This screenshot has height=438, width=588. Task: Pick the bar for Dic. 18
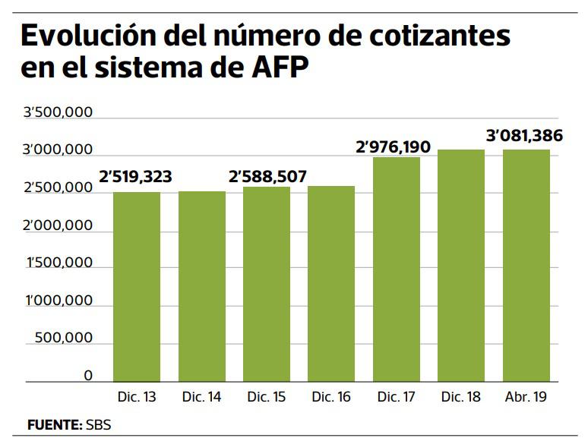tap(462, 266)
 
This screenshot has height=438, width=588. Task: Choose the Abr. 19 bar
tap(526, 266)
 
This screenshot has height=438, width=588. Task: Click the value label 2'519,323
tap(135, 178)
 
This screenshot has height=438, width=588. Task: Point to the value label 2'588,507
tap(267, 178)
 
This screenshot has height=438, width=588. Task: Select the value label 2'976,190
tap(397, 145)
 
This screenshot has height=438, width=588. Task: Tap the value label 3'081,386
tap(524, 137)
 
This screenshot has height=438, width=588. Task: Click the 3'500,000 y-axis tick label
tap(58, 114)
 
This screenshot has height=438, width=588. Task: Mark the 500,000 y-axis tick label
tap(65, 338)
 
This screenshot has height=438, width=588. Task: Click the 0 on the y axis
tap(88, 375)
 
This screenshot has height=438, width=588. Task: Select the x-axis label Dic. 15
tap(267, 396)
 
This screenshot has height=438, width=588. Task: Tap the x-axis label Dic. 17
tap(397, 396)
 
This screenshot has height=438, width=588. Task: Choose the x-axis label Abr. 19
tap(526, 396)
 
